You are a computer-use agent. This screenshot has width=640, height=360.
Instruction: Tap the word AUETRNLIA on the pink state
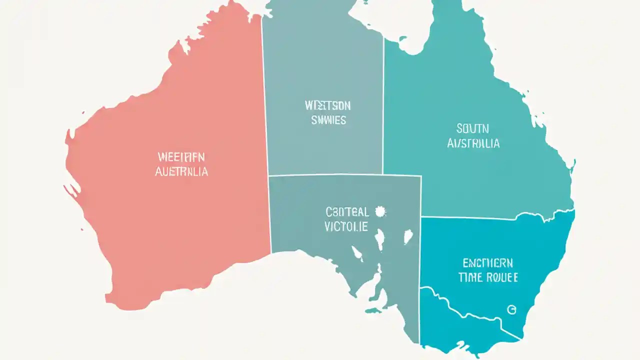(x=181, y=171)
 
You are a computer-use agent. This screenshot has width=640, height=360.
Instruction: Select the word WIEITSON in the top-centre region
(x=327, y=105)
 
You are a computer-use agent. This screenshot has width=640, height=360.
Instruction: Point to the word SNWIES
(x=328, y=120)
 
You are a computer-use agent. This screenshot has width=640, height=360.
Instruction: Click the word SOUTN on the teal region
(x=473, y=128)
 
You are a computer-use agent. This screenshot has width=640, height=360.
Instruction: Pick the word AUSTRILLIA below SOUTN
(x=472, y=143)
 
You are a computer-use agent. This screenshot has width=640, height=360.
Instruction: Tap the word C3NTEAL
(x=346, y=212)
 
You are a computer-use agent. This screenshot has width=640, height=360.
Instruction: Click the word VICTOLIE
(x=346, y=226)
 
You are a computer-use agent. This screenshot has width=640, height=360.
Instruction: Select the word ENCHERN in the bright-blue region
(x=487, y=263)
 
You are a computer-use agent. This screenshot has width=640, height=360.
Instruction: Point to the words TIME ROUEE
(x=487, y=277)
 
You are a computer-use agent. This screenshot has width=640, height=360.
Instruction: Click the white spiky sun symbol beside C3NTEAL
(x=380, y=212)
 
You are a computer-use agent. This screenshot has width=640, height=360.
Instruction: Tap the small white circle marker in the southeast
(x=511, y=310)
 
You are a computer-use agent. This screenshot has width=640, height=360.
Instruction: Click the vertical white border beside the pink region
(x=266, y=125)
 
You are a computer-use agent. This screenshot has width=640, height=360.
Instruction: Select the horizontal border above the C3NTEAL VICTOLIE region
(x=345, y=175)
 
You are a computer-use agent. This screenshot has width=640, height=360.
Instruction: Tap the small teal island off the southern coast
(x=372, y=310)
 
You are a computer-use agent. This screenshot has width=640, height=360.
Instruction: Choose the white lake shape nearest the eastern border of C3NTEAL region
(x=408, y=236)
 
